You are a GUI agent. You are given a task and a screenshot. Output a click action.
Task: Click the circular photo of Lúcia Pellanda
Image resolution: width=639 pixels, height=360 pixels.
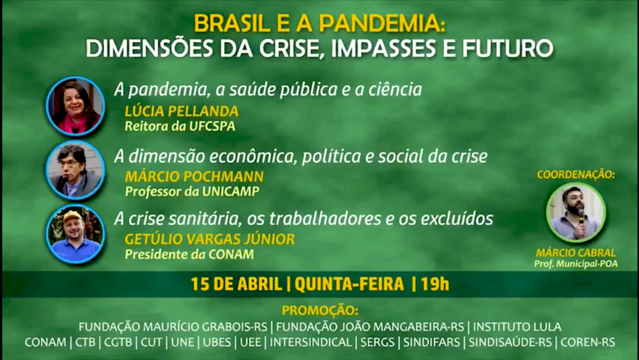[x=75, y=106]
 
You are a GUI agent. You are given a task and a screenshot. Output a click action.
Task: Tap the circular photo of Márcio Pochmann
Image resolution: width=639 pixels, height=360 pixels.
[x=75, y=171]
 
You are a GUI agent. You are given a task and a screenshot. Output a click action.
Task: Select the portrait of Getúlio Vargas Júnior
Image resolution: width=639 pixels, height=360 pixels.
[x=75, y=234]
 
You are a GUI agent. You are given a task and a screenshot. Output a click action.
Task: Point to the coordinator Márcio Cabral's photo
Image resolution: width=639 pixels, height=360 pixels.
[x=576, y=212]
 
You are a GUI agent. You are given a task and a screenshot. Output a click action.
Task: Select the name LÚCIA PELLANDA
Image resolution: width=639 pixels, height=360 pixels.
[x=181, y=111]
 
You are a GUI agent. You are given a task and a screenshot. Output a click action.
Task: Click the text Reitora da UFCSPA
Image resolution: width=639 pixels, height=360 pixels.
[x=180, y=126]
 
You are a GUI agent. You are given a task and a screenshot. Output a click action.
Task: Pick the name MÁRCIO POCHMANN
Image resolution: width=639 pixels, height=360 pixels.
[x=194, y=176]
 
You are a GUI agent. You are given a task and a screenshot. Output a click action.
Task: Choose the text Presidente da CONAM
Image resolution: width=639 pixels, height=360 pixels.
[x=190, y=254]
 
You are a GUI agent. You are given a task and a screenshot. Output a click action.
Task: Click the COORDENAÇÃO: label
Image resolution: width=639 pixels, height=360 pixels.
[x=576, y=175]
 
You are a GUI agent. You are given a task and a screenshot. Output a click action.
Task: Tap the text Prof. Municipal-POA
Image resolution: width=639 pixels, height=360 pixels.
[x=576, y=264]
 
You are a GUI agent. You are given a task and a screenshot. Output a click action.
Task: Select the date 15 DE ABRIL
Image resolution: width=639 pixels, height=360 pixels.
[x=236, y=284]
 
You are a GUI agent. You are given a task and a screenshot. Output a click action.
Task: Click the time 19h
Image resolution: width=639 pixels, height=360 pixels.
[x=435, y=284]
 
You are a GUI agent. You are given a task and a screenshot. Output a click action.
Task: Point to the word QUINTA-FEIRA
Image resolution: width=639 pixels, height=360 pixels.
[x=350, y=284]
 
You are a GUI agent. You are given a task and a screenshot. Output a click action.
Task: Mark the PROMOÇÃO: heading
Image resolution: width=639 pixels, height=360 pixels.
[x=320, y=310]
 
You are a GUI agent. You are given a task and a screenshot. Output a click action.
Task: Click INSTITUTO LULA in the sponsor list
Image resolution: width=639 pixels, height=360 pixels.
[x=517, y=327]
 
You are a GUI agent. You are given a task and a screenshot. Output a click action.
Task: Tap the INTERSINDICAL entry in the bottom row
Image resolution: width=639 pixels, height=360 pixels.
[x=311, y=342]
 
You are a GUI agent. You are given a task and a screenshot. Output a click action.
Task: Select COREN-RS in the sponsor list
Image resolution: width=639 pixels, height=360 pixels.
[x=588, y=342]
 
